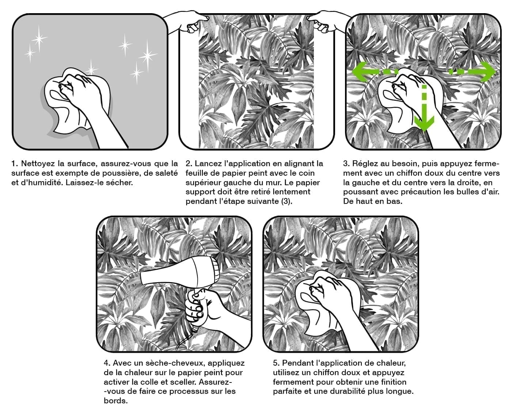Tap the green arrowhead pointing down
coord(424,123)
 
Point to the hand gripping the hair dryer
coord(206,310)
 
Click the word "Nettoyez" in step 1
coord(38,164)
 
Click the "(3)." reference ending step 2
coord(287,201)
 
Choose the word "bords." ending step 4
coord(115,400)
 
